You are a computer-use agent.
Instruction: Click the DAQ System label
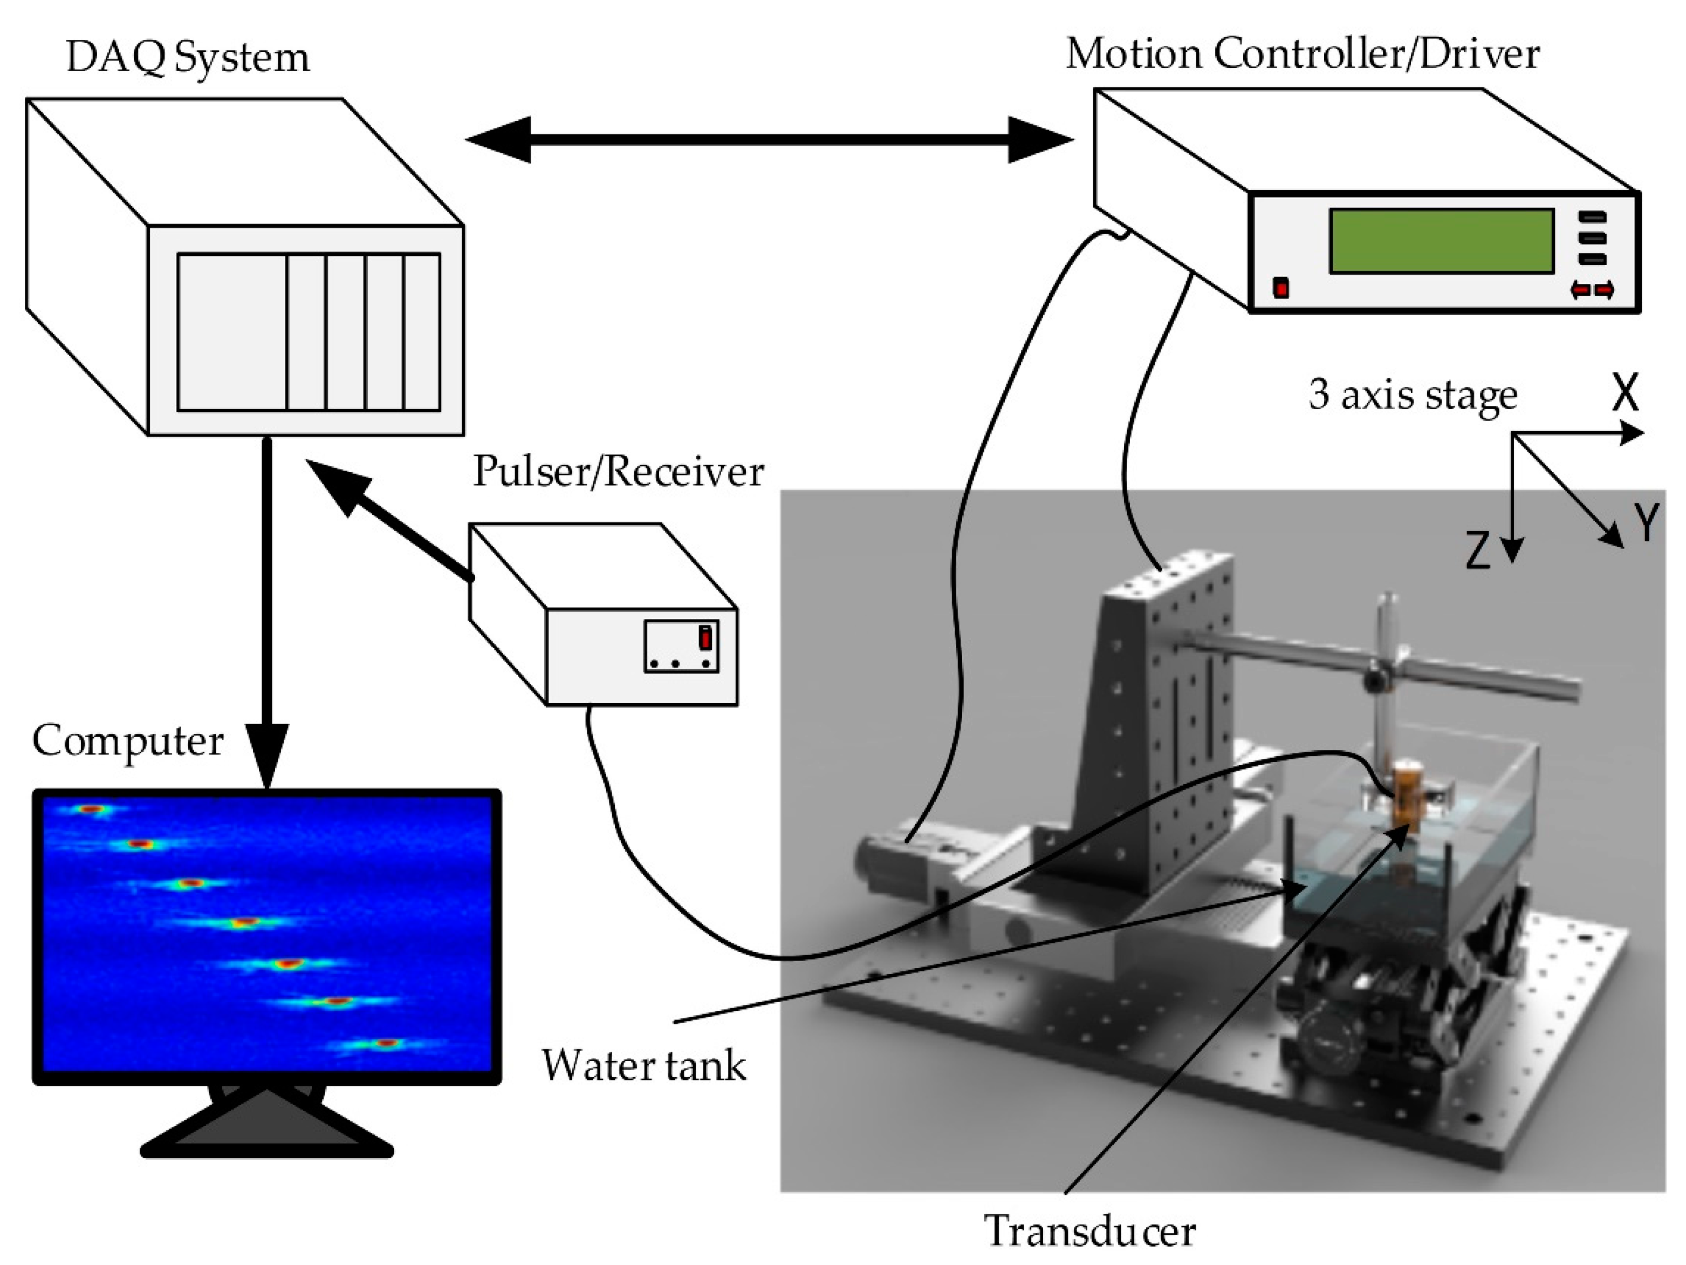pos(188,58)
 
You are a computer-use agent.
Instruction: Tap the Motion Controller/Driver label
pos(1303,55)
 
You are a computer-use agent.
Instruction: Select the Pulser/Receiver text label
pos(618,472)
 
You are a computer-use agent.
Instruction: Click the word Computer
pos(127,740)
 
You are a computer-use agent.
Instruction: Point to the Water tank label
pos(643,1065)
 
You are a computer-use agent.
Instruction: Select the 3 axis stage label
pos(1413,395)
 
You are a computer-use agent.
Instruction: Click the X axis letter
pos(1625,394)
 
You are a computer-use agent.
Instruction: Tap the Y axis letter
pos(1647,524)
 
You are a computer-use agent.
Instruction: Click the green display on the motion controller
pos(1441,241)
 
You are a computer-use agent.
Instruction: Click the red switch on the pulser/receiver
pos(706,637)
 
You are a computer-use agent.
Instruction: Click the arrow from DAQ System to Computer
pos(267,610)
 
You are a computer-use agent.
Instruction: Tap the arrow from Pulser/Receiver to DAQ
pos(389,523)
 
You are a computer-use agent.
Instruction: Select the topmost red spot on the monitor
pos(92,809)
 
